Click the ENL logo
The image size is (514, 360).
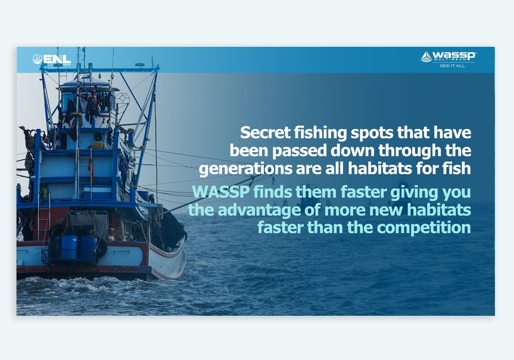tap(51, 59)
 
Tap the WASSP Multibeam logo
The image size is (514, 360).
tap(448, 57)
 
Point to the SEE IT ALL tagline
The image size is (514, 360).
tap(452, 66)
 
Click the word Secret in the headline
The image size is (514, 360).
tap(265, 133)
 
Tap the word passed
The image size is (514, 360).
tap(299, 151)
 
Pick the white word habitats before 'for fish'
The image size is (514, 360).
tap(380, 168)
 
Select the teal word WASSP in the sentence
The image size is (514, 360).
tap(221, 192)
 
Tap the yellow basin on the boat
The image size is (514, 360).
tap(97, 146)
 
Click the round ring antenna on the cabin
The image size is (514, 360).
tap(122, 99)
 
